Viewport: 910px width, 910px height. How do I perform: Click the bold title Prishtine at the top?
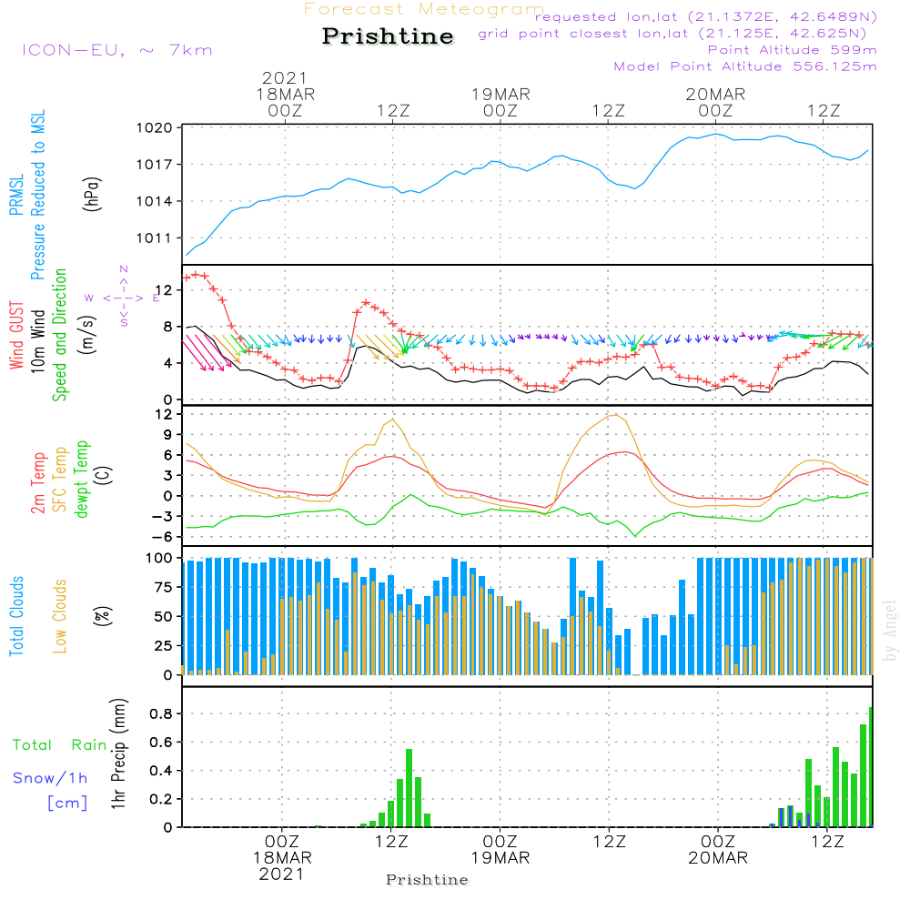(x=388, y=36)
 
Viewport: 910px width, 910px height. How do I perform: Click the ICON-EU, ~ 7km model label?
(x=117, y=50)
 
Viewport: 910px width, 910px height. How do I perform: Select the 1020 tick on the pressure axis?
(x=155, y=127)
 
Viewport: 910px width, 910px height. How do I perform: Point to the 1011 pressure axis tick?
(x=155, y=238)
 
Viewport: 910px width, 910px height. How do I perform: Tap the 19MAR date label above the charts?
(x=500, y=95)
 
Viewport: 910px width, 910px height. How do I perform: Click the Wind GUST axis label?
(x=16, y=336)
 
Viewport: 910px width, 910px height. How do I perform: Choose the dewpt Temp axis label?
(x=81, y=479)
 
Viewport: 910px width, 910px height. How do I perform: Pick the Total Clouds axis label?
(x=16, y=616)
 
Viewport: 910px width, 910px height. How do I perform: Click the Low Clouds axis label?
(x=60, y=616)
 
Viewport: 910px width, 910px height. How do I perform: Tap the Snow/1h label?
(x=50, y=778)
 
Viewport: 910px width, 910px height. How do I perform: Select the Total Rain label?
(x=60, y=745)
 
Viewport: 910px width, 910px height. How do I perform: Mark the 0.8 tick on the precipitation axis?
(x=161, y=713)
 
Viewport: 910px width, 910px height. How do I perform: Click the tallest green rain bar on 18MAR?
(x=409, y=788)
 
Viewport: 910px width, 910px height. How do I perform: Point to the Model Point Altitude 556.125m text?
(x=745, y=66)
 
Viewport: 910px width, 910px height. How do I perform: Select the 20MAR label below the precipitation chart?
(x=718, y=858)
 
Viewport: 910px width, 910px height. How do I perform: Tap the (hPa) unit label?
(x=92, y=194)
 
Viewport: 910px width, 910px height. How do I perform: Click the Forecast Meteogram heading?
(x=424, y=9)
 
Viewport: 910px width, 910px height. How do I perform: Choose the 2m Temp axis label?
(x=38, y=483)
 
